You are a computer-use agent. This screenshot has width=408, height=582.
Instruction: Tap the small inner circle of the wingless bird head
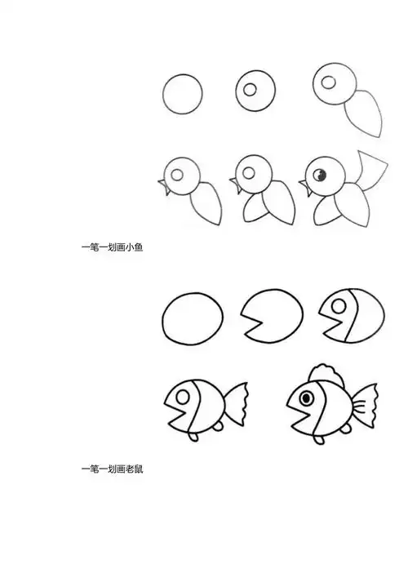[251, 87]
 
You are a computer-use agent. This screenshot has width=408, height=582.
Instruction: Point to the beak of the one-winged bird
[163, 191]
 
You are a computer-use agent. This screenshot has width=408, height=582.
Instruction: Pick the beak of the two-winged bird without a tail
[235, 191]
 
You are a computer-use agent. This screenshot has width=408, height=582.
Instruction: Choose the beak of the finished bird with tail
[307, 191]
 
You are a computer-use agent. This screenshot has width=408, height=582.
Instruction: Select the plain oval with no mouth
[193, 321]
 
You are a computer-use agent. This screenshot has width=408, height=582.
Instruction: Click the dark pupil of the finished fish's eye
[307, 397]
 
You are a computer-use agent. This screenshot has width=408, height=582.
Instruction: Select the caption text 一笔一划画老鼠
[112, 469]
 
